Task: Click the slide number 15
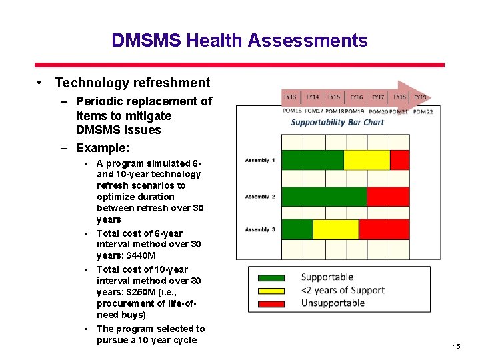[456, 346]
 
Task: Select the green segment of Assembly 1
[312, 160]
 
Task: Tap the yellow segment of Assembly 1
[366, 160]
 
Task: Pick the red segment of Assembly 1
[399, 160]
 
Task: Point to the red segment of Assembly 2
[388, 197]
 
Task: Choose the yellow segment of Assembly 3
[335, 229]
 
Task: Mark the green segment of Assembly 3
[297, 229]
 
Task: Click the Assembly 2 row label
[260, 197]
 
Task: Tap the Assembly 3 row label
[260, 229]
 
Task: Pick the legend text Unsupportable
[333, 303]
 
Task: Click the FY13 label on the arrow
[291, 97]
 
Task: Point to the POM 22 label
[423, 112]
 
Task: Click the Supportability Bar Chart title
[337, 122]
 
